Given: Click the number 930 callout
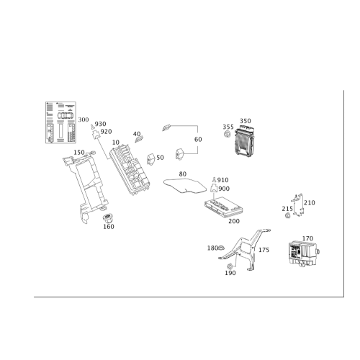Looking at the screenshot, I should click(x=100, y=123).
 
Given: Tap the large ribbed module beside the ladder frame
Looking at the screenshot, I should click(x=128, y=165).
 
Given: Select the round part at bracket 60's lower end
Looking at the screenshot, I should click(x=181, y=151).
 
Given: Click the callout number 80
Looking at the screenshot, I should click(x=182, y=174).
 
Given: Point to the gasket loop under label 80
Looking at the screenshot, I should click(x=184, y=186).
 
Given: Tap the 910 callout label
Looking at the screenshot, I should click(x=223, y=179).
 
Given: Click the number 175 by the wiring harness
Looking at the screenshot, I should click(x=264, y=250).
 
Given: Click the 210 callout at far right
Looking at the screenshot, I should click(x=310, y=202).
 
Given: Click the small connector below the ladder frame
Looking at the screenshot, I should click(x=109, y=218).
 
